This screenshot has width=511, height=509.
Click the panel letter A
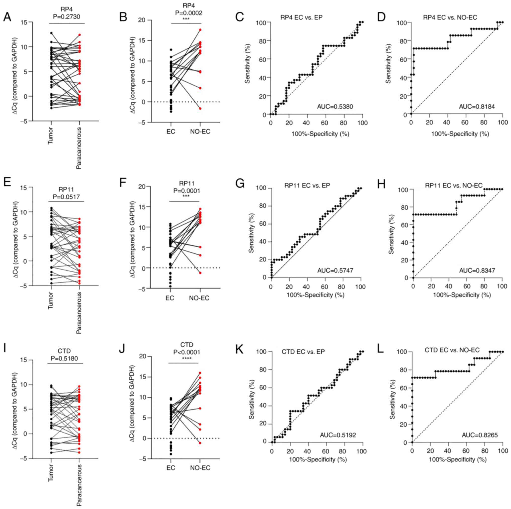7,17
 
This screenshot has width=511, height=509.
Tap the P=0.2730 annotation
67,17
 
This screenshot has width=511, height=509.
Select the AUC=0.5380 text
335,107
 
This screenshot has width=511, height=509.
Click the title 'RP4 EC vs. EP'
301,18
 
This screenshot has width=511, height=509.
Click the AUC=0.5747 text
335,270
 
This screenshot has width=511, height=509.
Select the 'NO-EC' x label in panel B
200,132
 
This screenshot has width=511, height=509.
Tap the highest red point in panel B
200,30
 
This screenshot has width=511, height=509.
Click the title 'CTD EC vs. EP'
303,352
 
